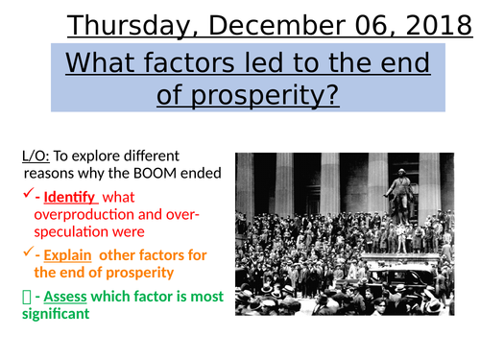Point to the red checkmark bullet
coord(26,193)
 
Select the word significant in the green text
coord(60,313)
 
